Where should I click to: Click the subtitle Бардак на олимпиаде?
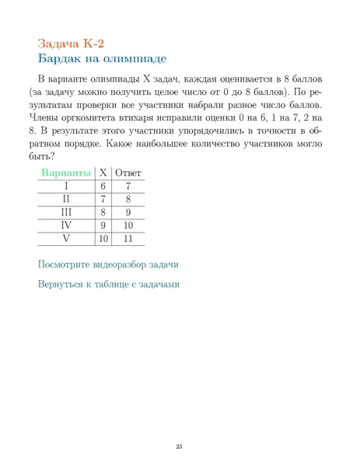click(102, 58)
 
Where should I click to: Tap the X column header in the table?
click(103, 172)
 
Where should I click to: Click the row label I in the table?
click(66, 186)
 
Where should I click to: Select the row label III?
click(66, 212)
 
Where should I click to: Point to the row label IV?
click(66, 225)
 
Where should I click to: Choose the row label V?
click(66, 238)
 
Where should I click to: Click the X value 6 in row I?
click(103, 186)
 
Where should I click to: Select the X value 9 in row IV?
click(103, 225)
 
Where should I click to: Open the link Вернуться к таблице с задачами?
click(109, 284)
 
